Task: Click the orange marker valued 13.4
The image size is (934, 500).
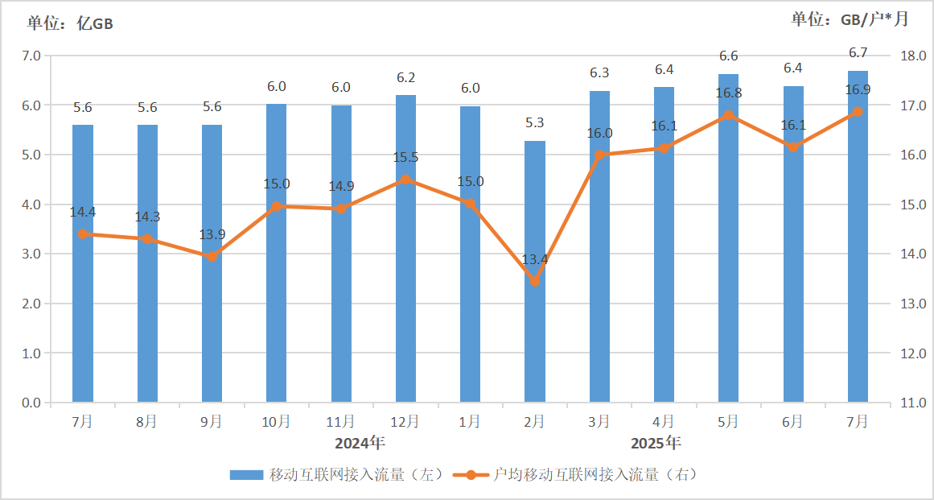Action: coord(534,282)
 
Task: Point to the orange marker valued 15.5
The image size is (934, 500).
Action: coord(405,180)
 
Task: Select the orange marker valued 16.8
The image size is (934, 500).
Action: coord(728,115)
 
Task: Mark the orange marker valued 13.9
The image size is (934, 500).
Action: coord(212,257)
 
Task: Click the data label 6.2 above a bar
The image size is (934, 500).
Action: coord(405,78)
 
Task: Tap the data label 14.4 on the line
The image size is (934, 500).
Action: coord(83,213)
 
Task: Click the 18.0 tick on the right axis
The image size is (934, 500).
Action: coord(914,56)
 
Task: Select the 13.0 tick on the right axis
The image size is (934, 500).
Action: coord(914,304)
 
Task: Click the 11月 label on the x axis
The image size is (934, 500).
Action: coord(340,421)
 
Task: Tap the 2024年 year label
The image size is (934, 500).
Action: coord(360,442)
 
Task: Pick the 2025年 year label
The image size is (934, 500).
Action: coord(656,442)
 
